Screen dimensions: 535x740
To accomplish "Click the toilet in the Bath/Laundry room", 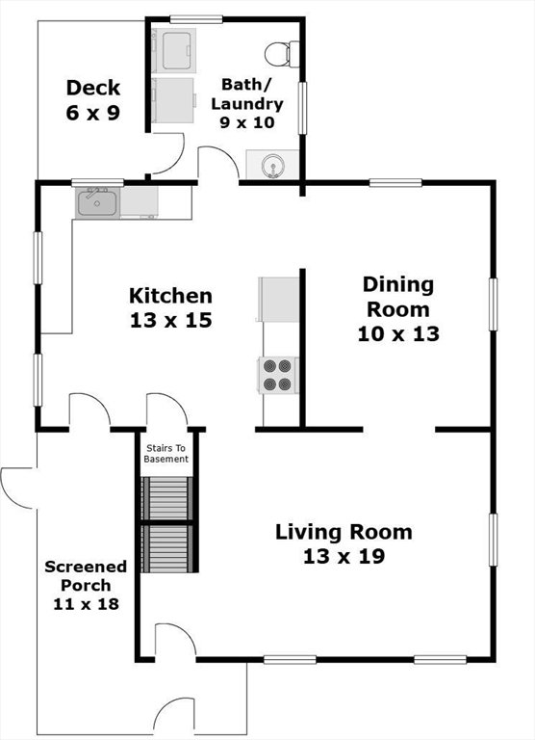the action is [281, 54].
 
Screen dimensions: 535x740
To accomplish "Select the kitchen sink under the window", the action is [97, 203].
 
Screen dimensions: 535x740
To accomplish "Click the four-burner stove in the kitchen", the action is [278, 375].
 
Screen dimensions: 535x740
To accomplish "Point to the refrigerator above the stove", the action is [279, 300].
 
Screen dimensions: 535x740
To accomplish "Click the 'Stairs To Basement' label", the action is [166, 453].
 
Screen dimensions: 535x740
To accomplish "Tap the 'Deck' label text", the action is [93, 88].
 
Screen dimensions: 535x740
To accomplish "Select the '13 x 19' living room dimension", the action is [344, 556].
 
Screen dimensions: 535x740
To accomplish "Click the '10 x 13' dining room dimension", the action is [398, 333].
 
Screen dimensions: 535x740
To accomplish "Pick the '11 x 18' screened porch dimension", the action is [86, 603].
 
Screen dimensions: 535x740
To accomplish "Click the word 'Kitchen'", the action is [170, 296].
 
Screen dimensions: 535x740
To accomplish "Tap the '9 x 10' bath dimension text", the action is [247, 122].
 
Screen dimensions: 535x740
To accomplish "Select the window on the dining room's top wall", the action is [395, 183].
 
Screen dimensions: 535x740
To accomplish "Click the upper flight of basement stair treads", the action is [167, 498].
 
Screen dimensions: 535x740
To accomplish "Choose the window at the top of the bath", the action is [196, 19].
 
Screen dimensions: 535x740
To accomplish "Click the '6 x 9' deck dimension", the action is [93, 113].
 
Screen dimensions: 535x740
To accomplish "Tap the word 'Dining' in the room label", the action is [398, 285].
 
